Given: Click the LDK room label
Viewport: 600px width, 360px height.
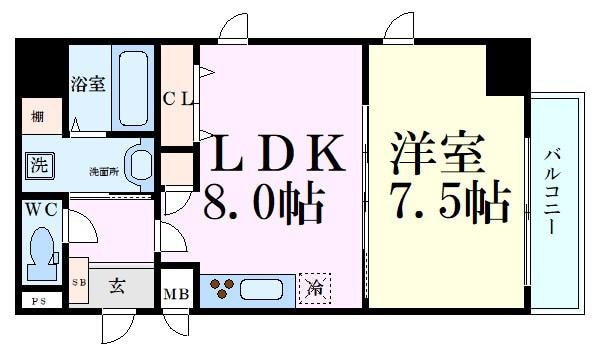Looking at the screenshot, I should point(277,156).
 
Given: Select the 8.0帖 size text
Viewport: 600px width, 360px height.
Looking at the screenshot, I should point(264,206).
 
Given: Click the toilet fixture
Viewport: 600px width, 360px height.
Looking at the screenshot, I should point(43,252).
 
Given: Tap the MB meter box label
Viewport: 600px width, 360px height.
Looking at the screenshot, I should point(176,294).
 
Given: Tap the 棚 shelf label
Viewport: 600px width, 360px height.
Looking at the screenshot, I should point(36,116).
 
